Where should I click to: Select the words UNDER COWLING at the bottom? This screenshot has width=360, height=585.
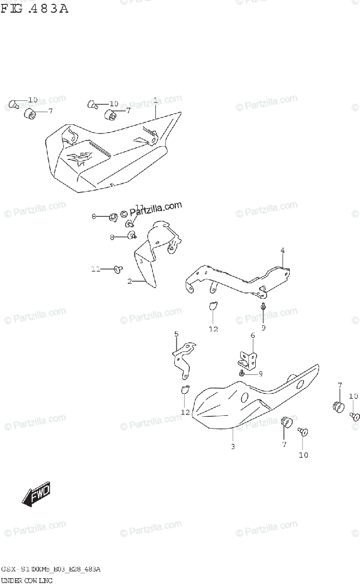pos(26,580)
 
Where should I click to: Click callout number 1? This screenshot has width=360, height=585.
pos(155,100)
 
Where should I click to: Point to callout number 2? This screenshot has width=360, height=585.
pos(130,281)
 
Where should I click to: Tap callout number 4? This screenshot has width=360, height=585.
pos(282,251)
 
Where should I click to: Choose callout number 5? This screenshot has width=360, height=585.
pos(177,334)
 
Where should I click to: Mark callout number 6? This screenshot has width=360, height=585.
pos(253,335)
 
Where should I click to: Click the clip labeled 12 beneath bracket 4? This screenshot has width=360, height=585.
pos(212,306)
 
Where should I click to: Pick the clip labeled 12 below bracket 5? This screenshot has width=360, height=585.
pos(184,389)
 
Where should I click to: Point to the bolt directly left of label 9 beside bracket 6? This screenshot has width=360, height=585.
pos(242,372)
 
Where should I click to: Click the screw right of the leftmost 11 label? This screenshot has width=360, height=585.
pos(117,268)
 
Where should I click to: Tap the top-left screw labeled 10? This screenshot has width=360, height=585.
pos(13,104)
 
